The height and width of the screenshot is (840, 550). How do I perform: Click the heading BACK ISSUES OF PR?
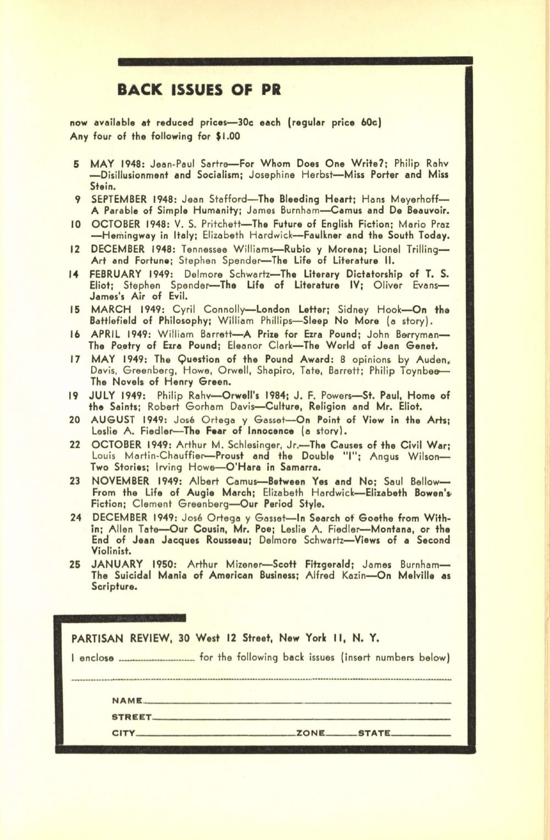tap(199, 89)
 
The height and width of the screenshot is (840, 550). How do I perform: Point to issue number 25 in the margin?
tap(76, 564)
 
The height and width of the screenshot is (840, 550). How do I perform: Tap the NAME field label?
tap(126, 701)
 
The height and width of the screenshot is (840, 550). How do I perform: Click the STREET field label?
tap(131, 717)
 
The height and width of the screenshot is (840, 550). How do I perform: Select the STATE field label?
tap(374, 733)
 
